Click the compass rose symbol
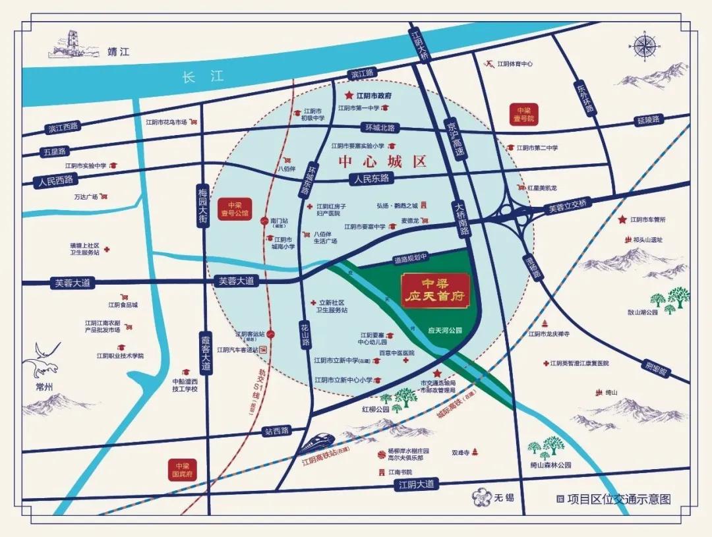[x=644, y=47]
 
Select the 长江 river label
[x=198, y=78]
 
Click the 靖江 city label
[x=119, y=52]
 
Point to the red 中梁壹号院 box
[x=524, y=115]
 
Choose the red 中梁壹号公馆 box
[x=237, y=209]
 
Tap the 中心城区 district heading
[x=383, y=161]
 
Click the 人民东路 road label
[x=371, y=179]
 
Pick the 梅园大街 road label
[x=202, y=207]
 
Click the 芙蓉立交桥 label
[x=567, y=207]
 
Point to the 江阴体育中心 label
[x=514, y=64]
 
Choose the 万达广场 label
[x=86, y=197]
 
